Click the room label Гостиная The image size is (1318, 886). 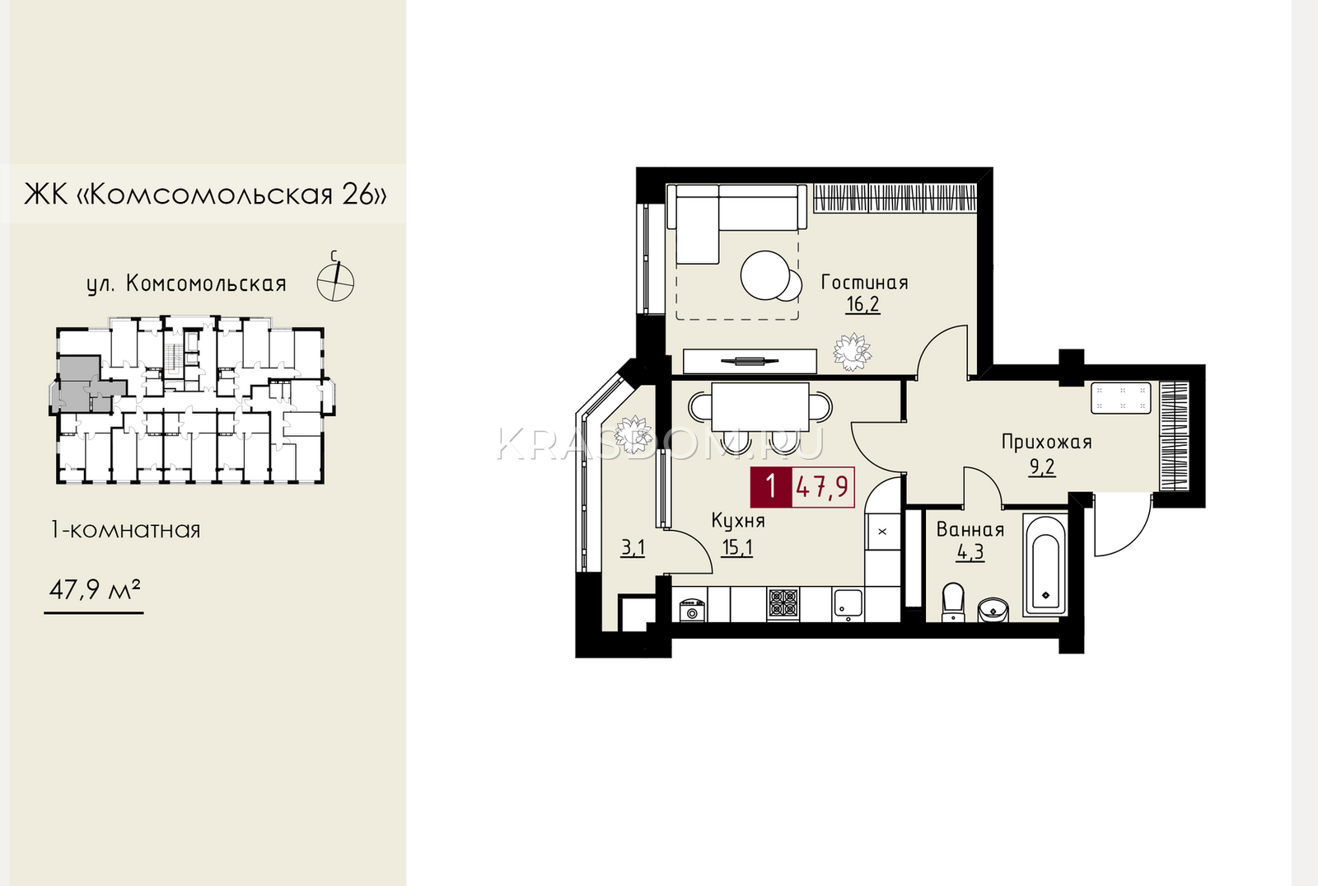[864, 283]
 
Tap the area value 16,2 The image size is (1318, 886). [862, 304]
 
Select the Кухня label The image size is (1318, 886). [738, 520]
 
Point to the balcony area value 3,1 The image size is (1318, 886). [633, 549]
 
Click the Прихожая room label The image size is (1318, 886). [1047, 442]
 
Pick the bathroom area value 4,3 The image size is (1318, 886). [970, 553]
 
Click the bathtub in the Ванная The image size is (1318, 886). [1045, 565]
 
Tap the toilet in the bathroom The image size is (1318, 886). [953, 602]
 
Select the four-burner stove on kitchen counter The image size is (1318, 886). [783, 604]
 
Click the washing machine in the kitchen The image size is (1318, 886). [692, 610]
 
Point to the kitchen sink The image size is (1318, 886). [848, 604]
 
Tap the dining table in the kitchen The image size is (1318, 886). [760, 407]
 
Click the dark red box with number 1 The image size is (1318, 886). [771, 487]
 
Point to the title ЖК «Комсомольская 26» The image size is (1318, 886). [205, 194]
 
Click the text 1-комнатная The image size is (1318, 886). [126, 530]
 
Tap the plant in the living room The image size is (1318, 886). [852, 352]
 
